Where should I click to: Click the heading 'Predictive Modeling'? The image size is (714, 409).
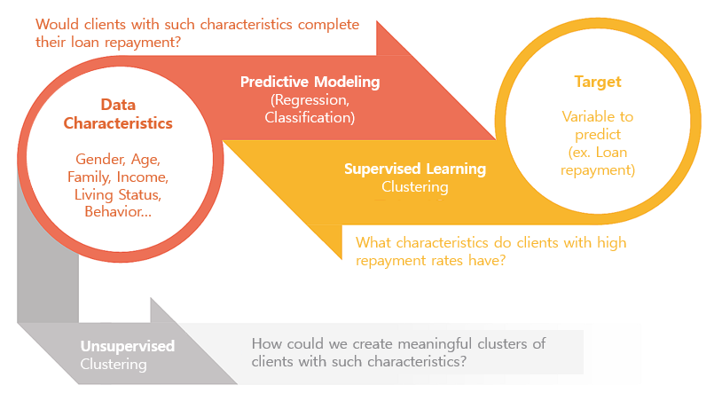[x=310, y=82]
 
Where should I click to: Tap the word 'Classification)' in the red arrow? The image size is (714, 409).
[x=310, y=117]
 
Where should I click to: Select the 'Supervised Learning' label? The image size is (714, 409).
[x=415, y=169]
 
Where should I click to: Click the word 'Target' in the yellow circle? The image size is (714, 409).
[x=598, y=82]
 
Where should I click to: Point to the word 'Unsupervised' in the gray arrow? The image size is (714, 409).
[x=128, y=346]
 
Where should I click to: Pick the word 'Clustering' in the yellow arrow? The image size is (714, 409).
[x=415, y=186]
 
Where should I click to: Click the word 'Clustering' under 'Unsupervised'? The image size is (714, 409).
[x=114, y=365]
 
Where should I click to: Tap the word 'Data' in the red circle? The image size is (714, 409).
[x=118, y=105]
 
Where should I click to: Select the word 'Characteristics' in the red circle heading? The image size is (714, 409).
[x=118, y=123]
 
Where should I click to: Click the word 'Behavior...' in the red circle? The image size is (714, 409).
[x=118, y=211]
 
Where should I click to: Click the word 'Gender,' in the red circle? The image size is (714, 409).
[x=99, y=160]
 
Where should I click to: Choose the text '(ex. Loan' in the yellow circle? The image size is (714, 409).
[x=598, y=152]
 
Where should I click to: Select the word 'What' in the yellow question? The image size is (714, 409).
[x=373, y=243]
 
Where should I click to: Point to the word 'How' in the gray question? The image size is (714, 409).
[x=264, y=343]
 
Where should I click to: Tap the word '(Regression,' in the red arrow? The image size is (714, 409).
[x=310, y=99]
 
